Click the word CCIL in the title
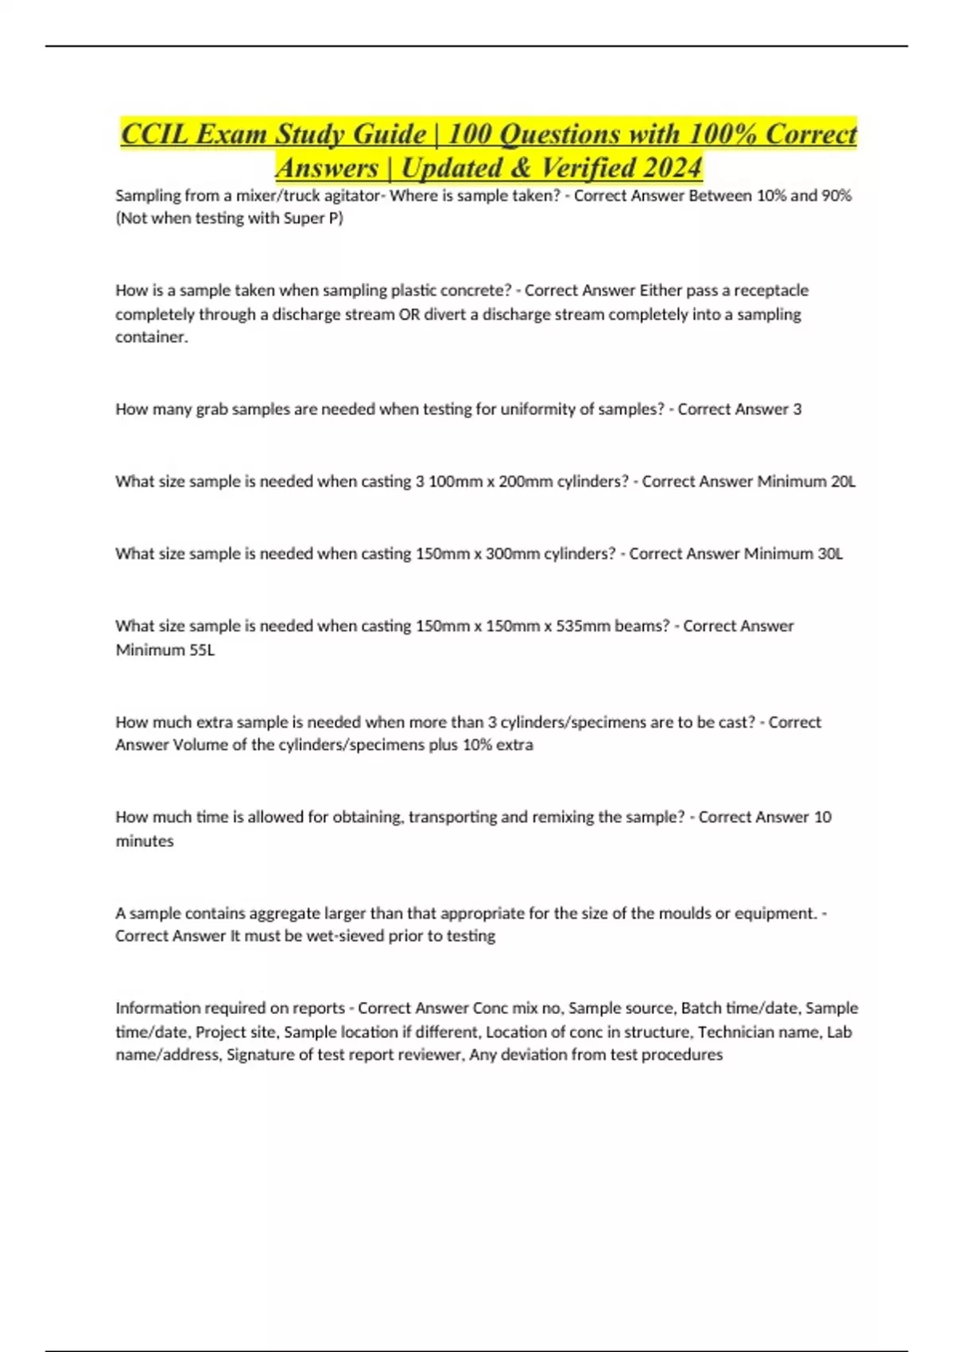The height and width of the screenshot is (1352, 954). point(154,134)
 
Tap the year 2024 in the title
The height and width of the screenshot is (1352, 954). point(673,169)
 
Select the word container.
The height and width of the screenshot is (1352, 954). point(151,337)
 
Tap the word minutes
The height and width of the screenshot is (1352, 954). point(144,841)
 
